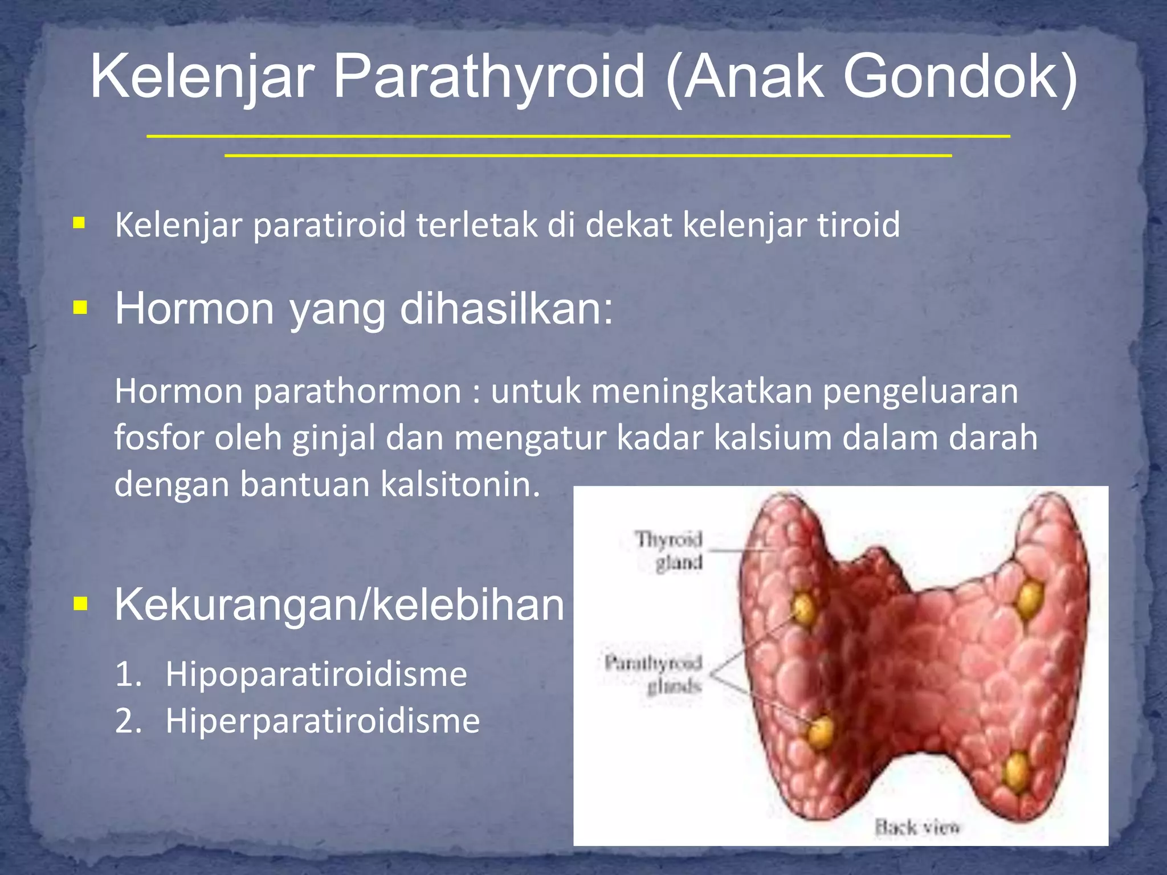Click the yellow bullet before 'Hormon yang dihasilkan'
click(80, 308)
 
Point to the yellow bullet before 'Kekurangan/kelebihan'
click(80, 603)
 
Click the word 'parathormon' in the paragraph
click(357, 392)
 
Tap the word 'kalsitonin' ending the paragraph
click(459, 485)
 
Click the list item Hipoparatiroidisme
click(316, 674)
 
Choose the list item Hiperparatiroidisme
click(323, 721)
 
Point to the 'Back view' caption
click(917, 827)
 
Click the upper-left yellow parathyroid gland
click(803, 608)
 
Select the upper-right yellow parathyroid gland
click(1029, 599)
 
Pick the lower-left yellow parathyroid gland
click(822, 731)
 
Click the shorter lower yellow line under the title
click(588, 155)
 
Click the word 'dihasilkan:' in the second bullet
click(507, 309)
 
